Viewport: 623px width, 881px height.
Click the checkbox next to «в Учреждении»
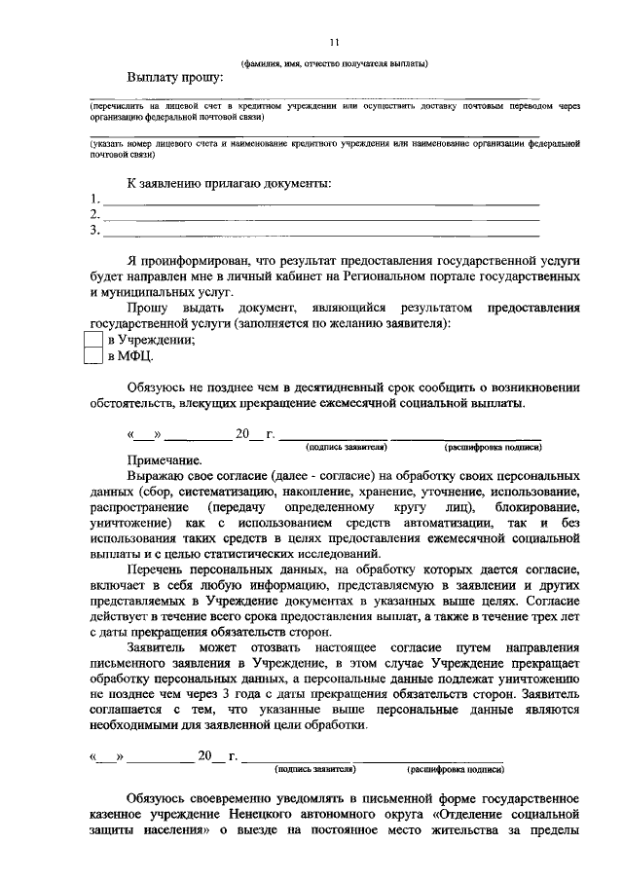click(x=93, y=340)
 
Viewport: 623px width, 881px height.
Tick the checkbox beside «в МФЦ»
click(x=93, y=357)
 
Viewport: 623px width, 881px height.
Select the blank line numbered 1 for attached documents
click(x=321, y=202)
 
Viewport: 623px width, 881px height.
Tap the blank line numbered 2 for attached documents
click(x=321, y=217)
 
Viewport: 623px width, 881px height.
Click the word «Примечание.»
click(x=164, y=460)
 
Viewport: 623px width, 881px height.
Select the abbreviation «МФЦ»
click(x=136, y=357)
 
